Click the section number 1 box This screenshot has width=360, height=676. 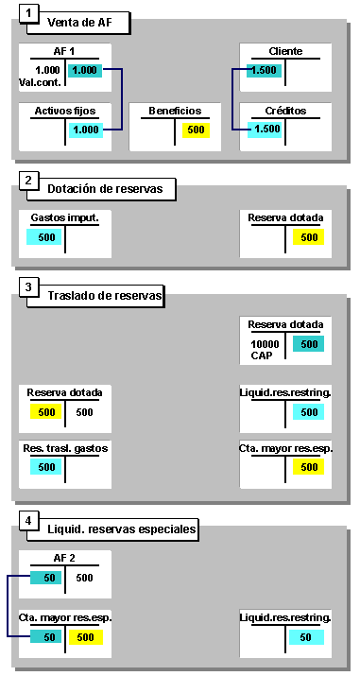(x=31, y=14)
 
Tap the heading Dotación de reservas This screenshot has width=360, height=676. (x=106, y=189)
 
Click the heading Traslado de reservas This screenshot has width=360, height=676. (x=106, y=297)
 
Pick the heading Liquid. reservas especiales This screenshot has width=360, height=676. (x=123, y=529)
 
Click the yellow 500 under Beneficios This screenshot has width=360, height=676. (x=196, y=130)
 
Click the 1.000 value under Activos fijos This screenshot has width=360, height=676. (x=85, y=130)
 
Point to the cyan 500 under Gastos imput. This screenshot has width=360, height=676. (x=46, y=236)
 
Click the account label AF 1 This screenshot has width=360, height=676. (x=65, y=52)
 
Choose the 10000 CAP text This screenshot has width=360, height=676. (x=265, y=349)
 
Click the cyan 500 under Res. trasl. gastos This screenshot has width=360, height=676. (x=46, y=467)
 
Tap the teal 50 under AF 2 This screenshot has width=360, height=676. (x=46, y=578)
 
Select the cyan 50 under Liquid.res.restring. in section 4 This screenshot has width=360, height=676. (x=305, y=637)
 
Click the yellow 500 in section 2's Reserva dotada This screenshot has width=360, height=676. (x=309, y=236)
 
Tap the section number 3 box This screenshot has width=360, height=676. (x=31, y=287)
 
